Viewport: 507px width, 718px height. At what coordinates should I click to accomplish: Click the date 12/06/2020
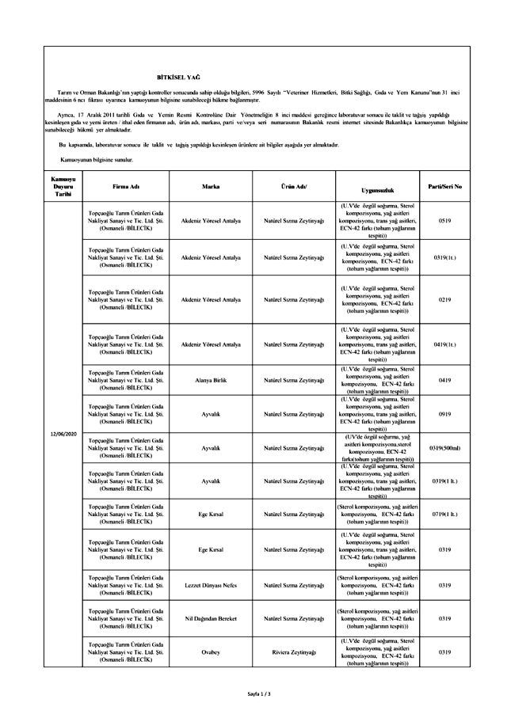pyautogui.click(x=62, y=435)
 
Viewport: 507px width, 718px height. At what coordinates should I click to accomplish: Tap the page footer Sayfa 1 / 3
pyautogui.click(x=259, y=694)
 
